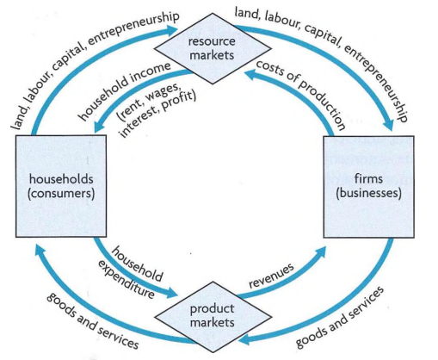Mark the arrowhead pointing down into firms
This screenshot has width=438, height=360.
tap(389, 124)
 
